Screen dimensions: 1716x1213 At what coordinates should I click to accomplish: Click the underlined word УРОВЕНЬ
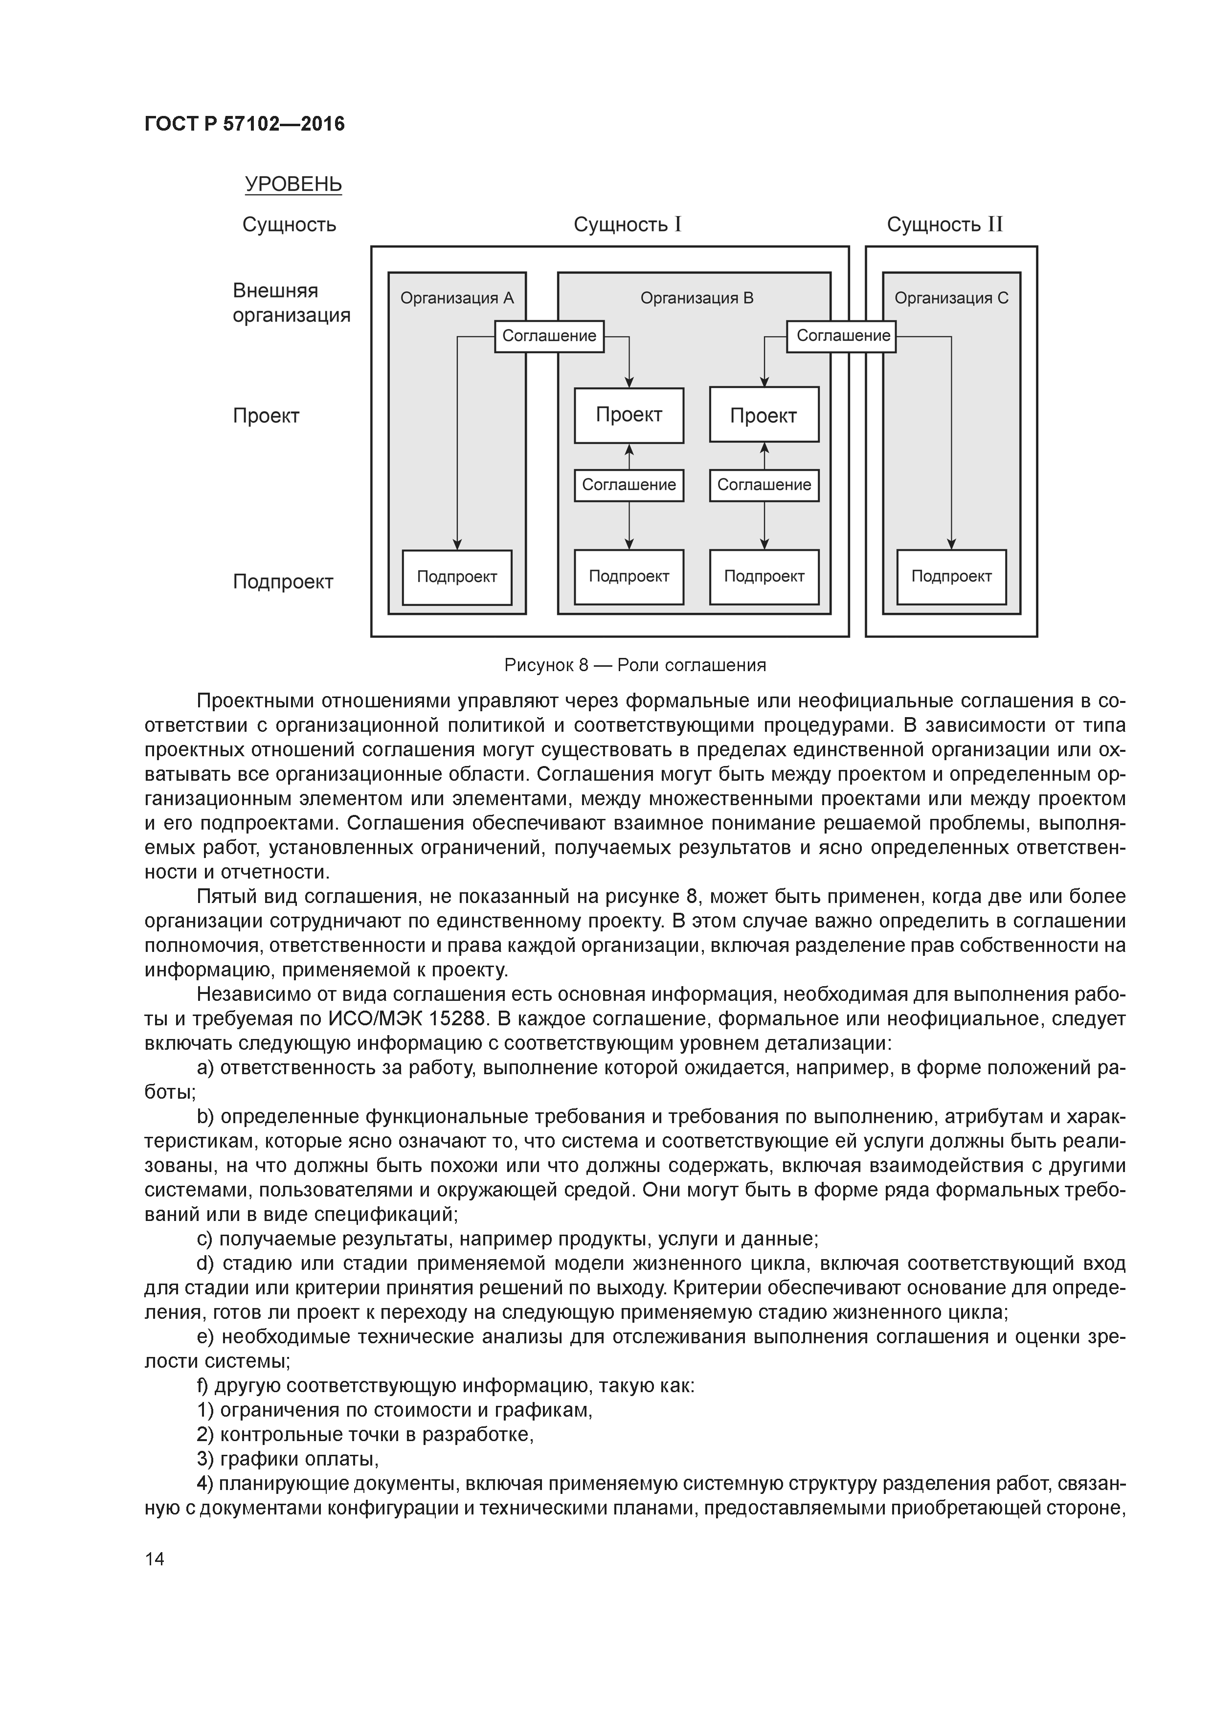pos(293,184)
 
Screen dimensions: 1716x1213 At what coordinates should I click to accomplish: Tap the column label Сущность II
pos(944,224)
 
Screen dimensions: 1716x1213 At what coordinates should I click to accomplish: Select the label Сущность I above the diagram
pos(627,224)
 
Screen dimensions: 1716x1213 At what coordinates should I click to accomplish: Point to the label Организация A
pos(457,298)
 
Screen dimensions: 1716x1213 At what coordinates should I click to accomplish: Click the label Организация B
pos(696,298)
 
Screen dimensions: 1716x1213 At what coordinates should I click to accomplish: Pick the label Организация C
pos(951,298)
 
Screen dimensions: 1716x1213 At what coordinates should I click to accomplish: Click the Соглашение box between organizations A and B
pos(549,336)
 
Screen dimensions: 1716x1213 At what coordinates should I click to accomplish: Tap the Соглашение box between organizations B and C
pos(842,336)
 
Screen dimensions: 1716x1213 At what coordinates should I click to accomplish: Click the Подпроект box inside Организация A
pos(457,577)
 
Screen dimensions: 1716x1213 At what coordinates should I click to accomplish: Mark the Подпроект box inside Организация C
pos(951,577)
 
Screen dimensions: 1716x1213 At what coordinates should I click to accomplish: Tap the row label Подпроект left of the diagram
pos(283,582)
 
